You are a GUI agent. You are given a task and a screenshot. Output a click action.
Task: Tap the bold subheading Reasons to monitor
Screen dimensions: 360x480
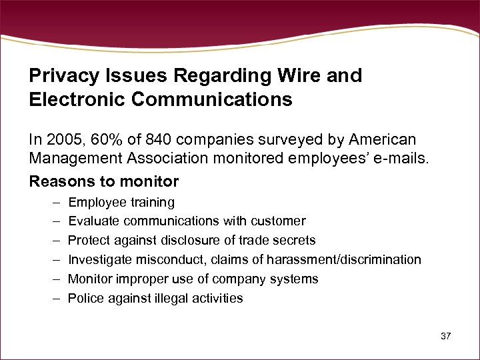click(104, 181)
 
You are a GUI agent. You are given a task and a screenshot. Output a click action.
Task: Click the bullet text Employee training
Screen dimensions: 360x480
click(121, 202)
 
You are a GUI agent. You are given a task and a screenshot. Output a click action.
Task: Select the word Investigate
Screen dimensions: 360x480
click(100, 259)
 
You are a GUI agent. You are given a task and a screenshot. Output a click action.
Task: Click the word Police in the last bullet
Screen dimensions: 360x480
click(85, 298)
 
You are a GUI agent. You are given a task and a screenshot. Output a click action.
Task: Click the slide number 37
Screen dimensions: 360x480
click(446, 336)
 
